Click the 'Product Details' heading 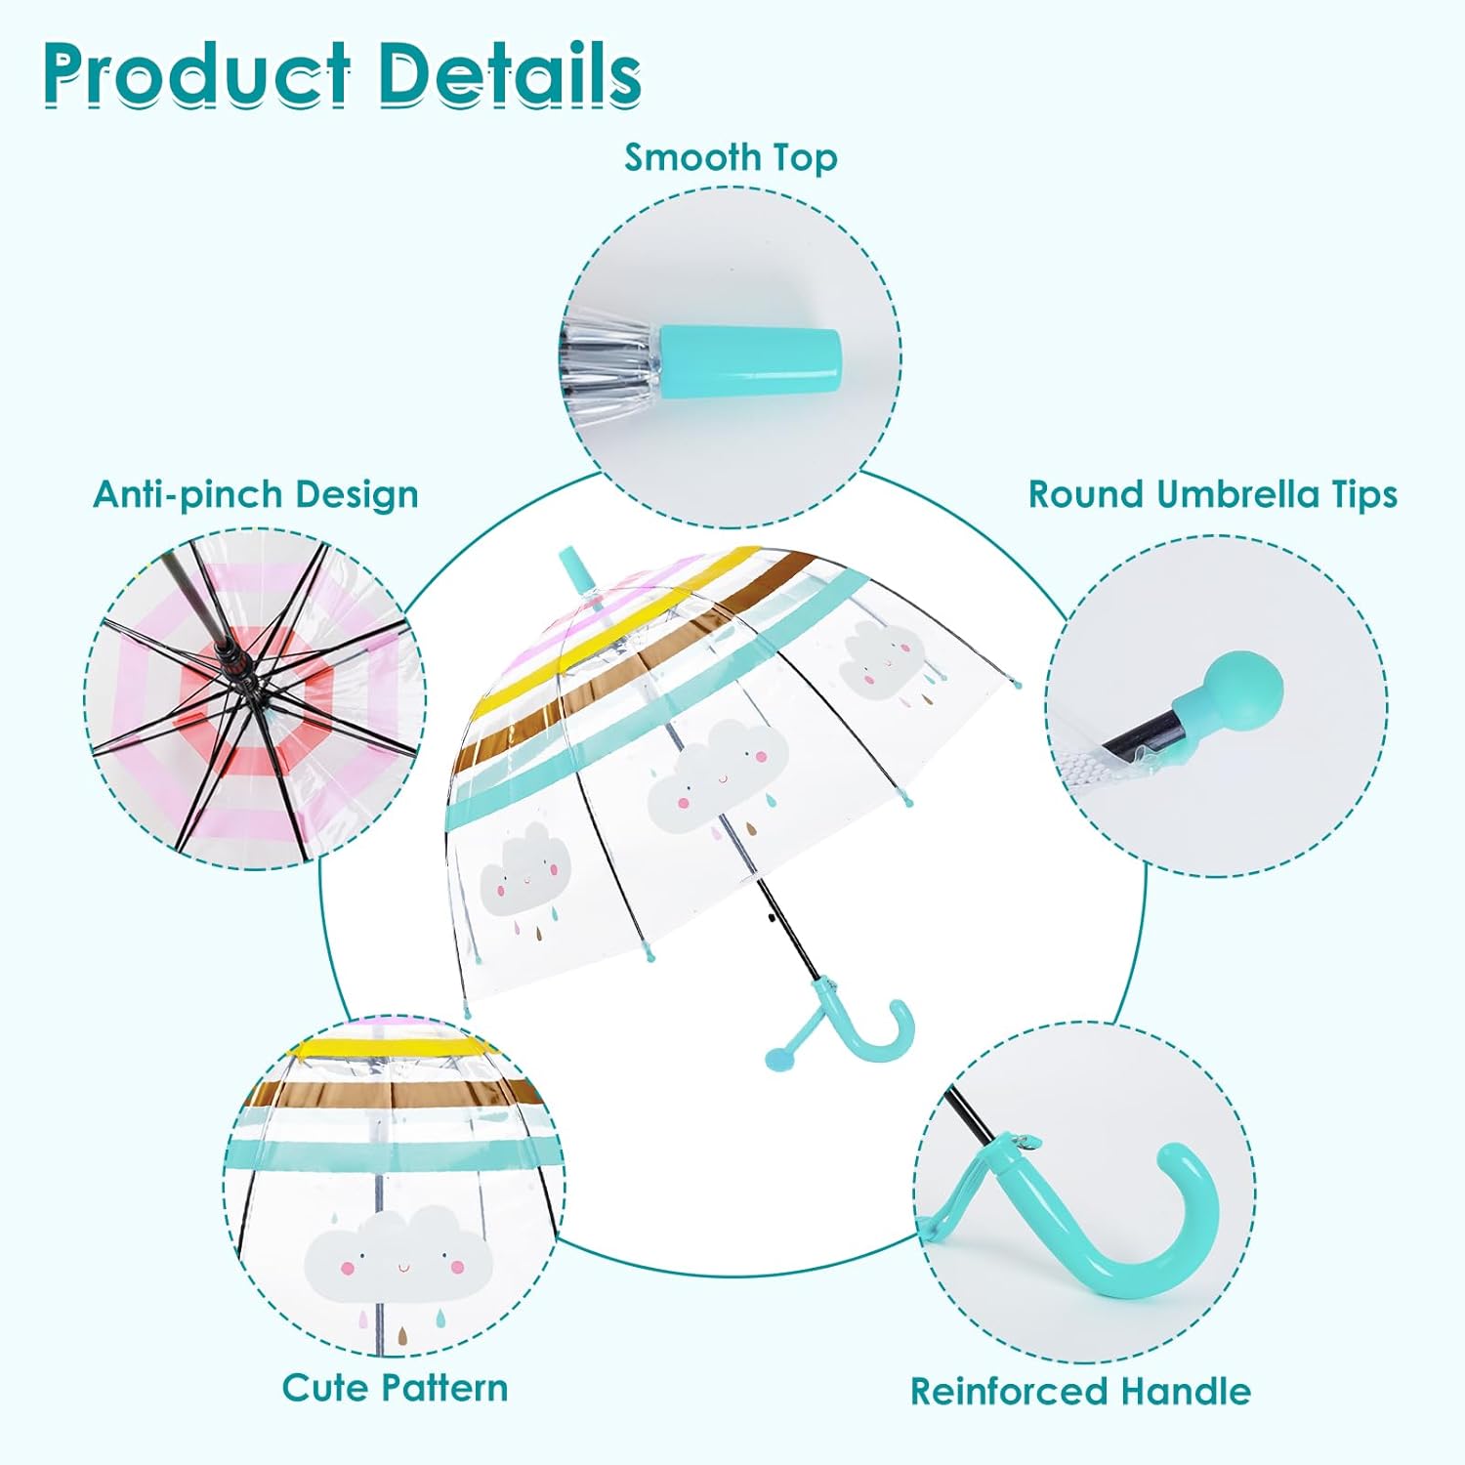click(342, 74)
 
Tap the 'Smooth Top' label click(731, 157)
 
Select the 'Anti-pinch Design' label click(255, 494)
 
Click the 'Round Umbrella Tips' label click(1212, 494)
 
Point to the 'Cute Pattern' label click(395, 1387)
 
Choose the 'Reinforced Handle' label click(1080, 1391)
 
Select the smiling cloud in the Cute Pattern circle click(398, 1251)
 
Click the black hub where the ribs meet click(233, 665)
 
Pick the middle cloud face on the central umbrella click(718, 776)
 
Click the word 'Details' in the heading click(510, 74)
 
